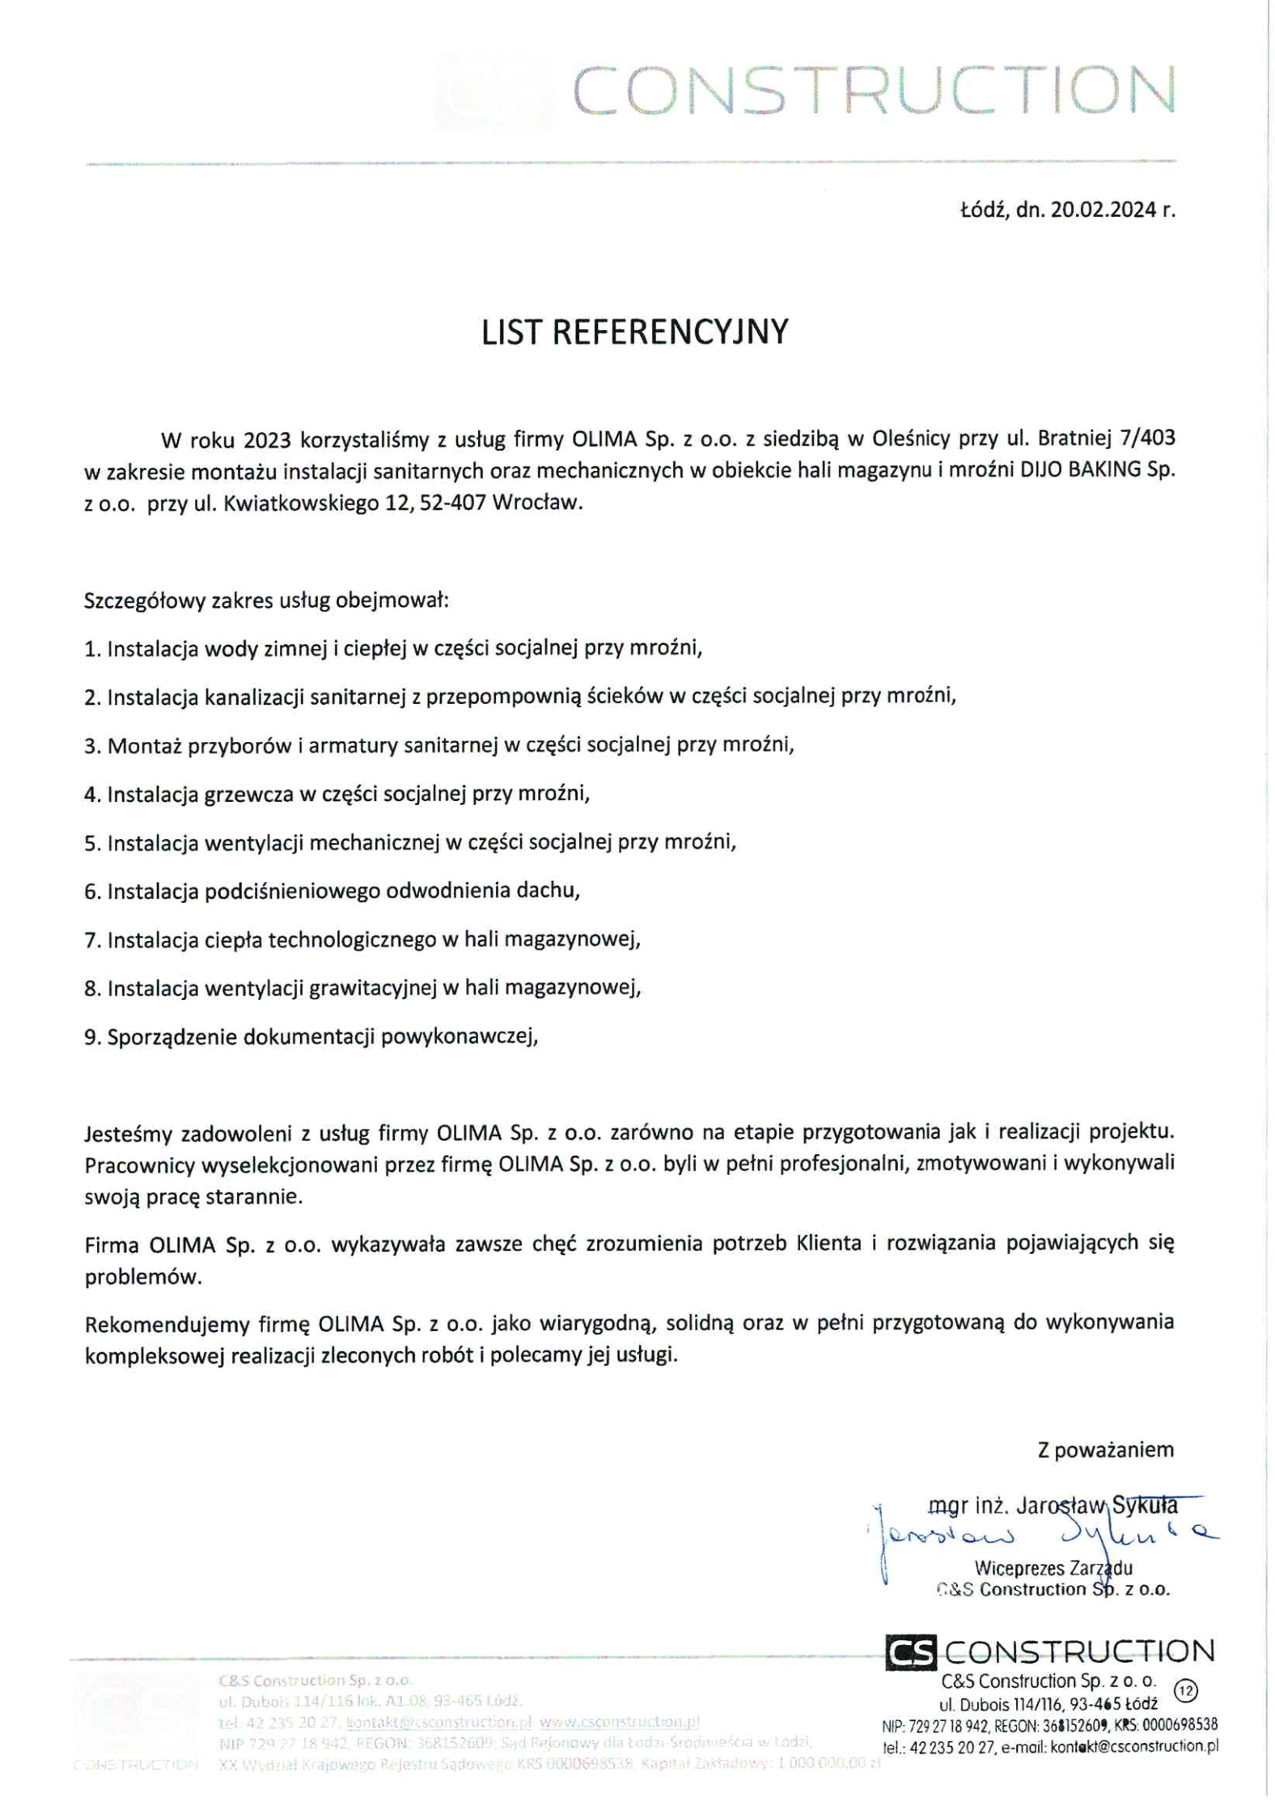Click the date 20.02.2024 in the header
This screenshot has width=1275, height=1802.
point(1103,210)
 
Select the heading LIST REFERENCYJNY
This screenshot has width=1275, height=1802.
point(634,333)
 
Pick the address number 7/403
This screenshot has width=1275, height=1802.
point(1147,439)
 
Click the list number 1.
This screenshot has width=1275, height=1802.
point(91,649)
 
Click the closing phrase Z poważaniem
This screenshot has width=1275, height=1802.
point(1105,1449)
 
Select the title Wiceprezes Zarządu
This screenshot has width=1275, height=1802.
point(1053,1568)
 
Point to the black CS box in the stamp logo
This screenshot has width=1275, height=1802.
point(911,1652)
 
